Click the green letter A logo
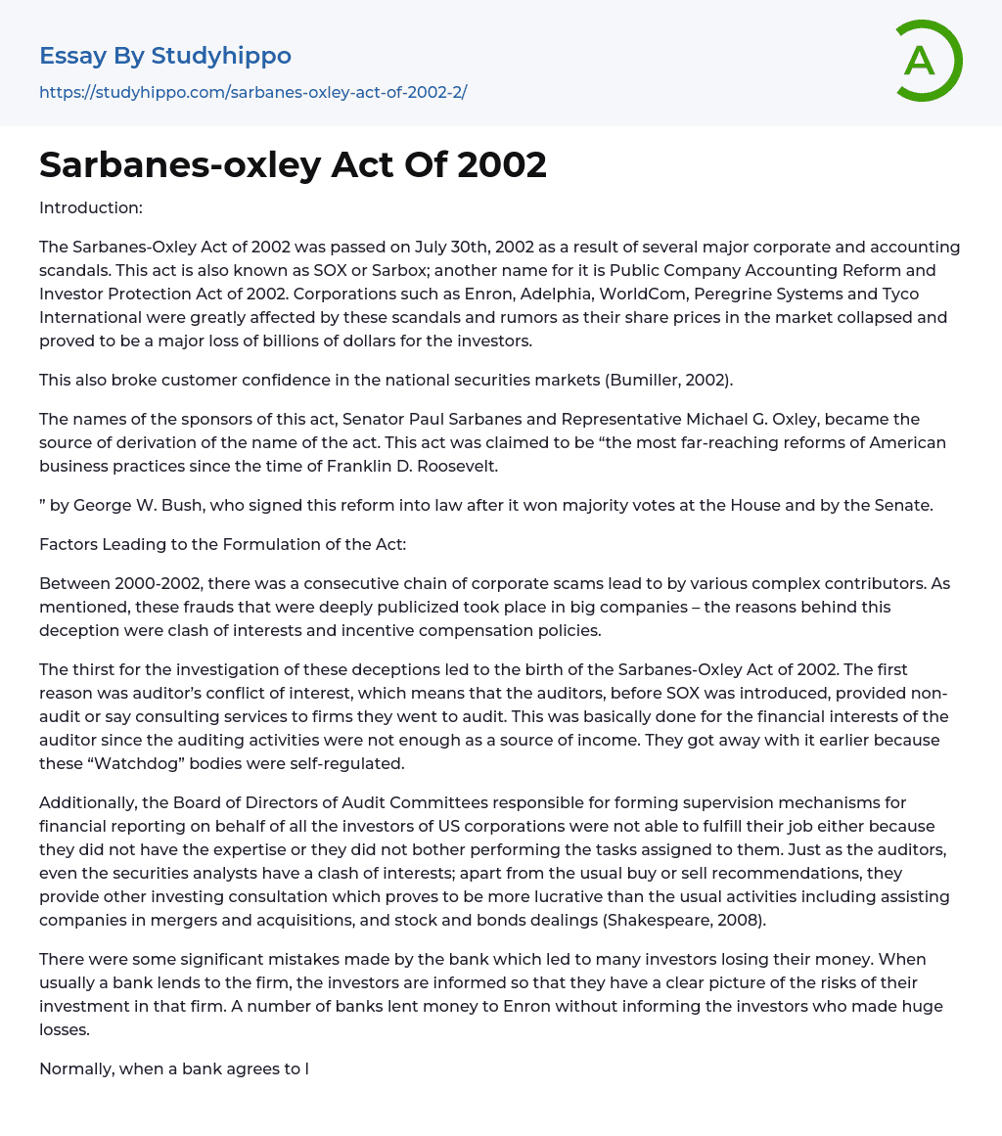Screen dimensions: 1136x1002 (926, 61)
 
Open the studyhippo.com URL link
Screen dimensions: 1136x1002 (252, 92)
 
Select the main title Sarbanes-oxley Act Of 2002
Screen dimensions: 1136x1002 (293, 164)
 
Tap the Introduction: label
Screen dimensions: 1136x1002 (91, 207)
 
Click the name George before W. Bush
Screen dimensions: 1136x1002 (102, 505)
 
